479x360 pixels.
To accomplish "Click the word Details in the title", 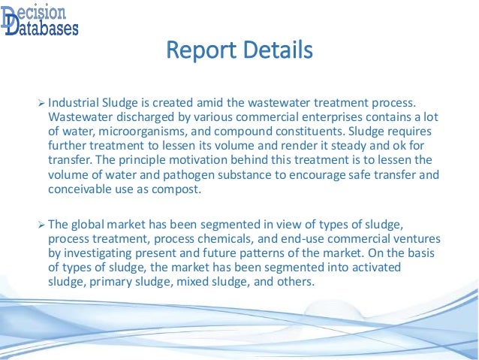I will (273, 52).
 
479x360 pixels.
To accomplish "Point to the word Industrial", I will (75, 102).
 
